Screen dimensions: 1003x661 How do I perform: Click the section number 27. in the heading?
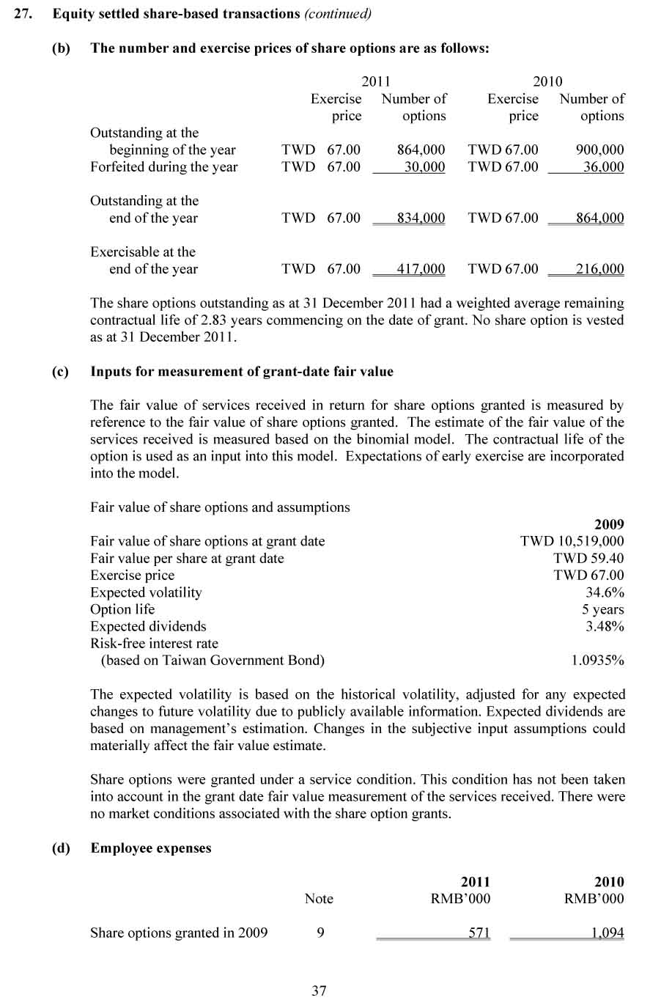23,14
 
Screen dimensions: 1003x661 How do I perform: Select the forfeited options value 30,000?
424,167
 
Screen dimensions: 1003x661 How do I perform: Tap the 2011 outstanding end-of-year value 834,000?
421,218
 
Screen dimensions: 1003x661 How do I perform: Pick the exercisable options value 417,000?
421,269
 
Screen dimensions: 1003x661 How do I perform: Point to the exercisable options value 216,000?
599,269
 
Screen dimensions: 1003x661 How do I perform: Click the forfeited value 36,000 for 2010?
603,167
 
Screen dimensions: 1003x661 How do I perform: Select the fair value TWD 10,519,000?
572,541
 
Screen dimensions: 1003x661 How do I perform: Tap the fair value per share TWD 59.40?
588,558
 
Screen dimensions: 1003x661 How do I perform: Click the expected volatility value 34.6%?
605,592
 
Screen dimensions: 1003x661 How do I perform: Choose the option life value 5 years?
602,609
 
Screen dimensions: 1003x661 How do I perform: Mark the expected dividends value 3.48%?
605,626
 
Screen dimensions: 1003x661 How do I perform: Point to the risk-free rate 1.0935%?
597,660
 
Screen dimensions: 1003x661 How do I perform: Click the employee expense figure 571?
479,933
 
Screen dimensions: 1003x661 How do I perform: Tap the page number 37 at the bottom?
319,991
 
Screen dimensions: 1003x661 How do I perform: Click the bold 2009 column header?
609,524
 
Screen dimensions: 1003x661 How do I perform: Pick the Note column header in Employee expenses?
319,899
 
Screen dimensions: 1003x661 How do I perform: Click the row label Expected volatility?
146,592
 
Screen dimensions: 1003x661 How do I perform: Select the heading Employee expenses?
151,848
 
